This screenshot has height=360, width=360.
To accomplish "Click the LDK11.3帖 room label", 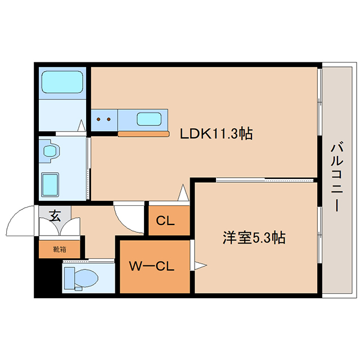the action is click(x=216, y=134).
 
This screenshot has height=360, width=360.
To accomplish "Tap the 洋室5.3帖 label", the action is click(x=254, y=237).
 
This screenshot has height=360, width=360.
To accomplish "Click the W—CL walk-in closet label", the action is click(x=152, y=266).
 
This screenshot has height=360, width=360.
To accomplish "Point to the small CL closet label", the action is click(x=165, y=221).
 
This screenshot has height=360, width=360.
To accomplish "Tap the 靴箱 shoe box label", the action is click(x=60, y=249).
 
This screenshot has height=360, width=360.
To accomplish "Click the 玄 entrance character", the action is click(x=55, y=216).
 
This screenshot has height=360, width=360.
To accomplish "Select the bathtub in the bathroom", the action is click(x=62, y=82).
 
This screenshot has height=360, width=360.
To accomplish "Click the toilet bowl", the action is click(x=86, y=278).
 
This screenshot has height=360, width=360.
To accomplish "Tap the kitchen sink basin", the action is click(x=149, y=119).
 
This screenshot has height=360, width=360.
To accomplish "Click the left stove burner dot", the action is click(x=98, y=119).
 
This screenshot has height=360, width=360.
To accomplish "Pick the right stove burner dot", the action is click(x=109, y=119).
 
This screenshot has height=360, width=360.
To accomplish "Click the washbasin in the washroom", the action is click(x=50, y=151).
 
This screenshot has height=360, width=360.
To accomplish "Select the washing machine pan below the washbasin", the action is click(x=50, y=185).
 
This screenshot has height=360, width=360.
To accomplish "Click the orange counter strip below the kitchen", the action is click(x=144, y=134).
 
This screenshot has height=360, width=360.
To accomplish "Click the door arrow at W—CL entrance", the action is click(x=201, y=265).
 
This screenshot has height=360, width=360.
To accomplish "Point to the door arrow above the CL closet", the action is click(x=183, y=192).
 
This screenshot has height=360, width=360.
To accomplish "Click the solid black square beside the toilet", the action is click(x=48, y=278).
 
